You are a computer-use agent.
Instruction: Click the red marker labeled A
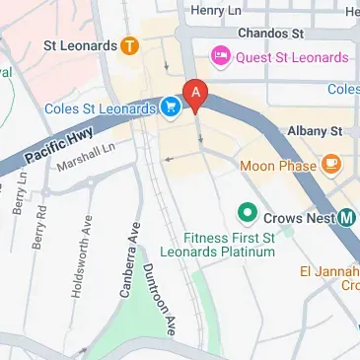click(196, 95)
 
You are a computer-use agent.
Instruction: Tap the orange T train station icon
click(129, 45)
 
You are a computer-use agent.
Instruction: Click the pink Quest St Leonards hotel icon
click(219, 57)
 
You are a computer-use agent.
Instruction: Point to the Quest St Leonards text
click(291, 57)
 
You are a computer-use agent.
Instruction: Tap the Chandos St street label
click(268, 32)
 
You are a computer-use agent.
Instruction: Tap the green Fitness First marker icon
click(246, 213)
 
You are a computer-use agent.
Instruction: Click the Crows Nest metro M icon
click(347, 218)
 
